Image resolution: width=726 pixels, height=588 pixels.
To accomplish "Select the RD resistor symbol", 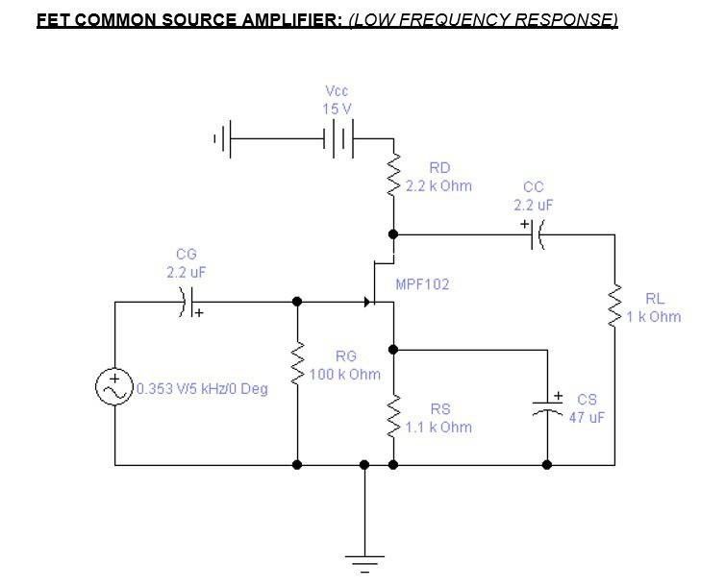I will [x=393, y=177].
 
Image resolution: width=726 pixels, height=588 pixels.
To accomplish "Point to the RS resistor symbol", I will [x=393, y=417].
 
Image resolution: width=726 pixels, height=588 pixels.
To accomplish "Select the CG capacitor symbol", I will [x=188, y=302].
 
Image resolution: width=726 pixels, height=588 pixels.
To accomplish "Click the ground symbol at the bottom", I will [x=364, y=561].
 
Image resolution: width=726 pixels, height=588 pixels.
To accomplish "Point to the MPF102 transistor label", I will [x=422, y=284].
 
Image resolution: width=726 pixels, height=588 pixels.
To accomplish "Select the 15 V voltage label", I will [x=338, y=109].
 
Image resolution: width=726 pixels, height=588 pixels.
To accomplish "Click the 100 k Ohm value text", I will [x=345, y=374].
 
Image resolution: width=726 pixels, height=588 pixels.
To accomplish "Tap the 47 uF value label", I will [x=587, y=418].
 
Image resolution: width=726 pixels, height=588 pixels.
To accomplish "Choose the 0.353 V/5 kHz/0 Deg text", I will [x=202, y=389].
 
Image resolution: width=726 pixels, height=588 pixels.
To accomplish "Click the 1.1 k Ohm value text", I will [x=438, y=427].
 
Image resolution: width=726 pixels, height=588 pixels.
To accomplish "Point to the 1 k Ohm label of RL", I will [x=654, y=316].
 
